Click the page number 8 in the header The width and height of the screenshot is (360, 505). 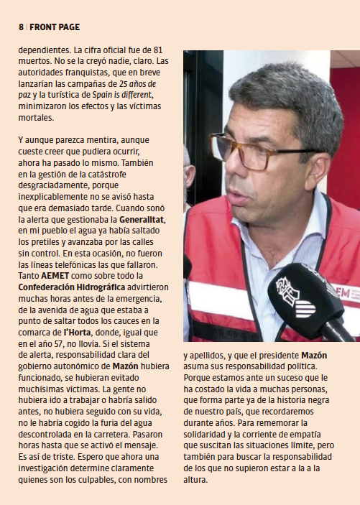coord(20,27)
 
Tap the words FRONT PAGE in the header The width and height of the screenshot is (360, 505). coord(55,27)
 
